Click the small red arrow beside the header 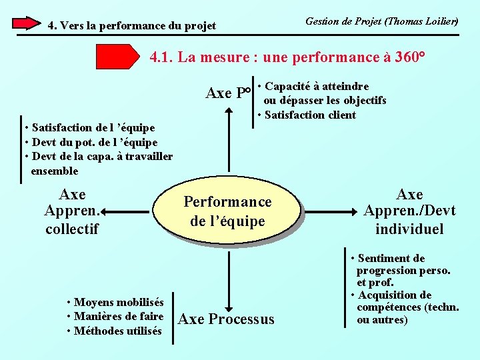coord(27,23)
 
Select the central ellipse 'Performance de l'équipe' coord(228,211)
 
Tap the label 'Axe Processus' coord(227,319)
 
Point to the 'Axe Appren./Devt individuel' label coord(409,212)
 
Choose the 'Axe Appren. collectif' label coord(72,212)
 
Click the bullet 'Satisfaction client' coord(310,115)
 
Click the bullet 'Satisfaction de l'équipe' coord(89,127)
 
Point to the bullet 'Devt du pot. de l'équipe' coord(91,142)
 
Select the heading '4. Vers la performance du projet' coord(132,25)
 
